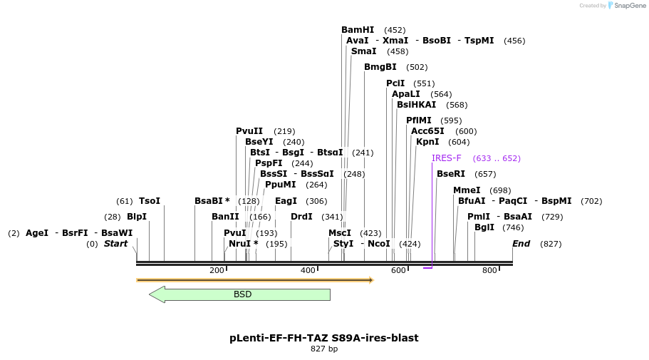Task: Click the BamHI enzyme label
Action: [357, 30]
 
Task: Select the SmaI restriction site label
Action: [363, 51]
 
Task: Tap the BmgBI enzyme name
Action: [380, 67]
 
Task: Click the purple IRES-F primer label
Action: [446, 158]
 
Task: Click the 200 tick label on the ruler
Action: [217, 270]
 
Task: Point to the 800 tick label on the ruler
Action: [489, 270]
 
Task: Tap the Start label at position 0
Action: [115, 244]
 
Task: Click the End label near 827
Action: [521, 244]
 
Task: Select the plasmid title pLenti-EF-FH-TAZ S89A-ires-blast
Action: [324, 338]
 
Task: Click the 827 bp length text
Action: [324, 349]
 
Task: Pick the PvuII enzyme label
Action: [249, 131]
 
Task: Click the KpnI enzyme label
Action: [427, 142]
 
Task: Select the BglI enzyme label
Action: [484, 227]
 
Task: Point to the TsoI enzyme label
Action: [150, 201]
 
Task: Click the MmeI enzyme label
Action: [467, 190]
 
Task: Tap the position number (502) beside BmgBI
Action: [417, 68]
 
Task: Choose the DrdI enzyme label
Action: [301, 217]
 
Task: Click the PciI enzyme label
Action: [395, 83]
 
